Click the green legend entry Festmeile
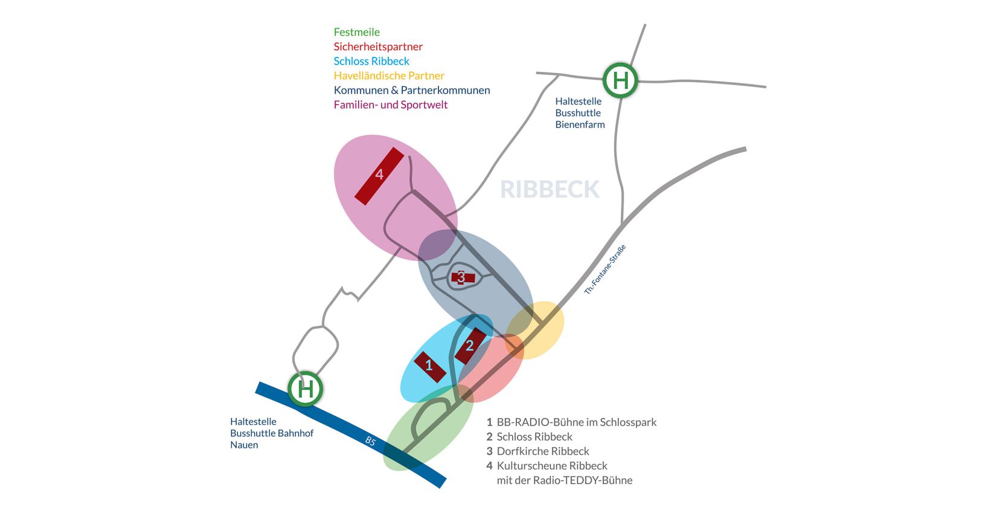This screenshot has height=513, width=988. click(356, 32)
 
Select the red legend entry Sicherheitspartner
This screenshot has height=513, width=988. click(378, 47)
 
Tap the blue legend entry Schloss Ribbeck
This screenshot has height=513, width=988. click(371, 61)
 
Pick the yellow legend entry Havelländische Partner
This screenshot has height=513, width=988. click(389, 76)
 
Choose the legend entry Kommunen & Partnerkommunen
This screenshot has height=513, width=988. click(412, 90)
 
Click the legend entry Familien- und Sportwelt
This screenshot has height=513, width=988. click(391, 105)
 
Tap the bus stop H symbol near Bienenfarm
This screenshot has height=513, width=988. click(620, 80)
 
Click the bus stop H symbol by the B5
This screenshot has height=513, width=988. click(305, 389)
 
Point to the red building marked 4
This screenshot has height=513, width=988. click(379, 176)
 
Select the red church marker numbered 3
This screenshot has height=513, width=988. click(462, 278)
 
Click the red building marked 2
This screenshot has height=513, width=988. click(470, 346)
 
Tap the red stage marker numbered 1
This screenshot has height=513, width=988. click(430, 366)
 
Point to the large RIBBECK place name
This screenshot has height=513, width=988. click(550, 189)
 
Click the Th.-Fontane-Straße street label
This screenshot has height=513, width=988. click(605, 269)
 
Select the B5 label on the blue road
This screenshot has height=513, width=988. click(370, 442)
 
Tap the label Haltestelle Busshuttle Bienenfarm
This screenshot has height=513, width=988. click(579, 113)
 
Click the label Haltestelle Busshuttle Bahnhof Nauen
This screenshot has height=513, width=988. click(271, 433)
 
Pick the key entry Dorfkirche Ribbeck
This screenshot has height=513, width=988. click(542, 451)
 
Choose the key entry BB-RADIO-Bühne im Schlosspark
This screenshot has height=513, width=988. click(576, 422)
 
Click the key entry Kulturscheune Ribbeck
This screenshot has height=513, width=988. click(551, 466)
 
